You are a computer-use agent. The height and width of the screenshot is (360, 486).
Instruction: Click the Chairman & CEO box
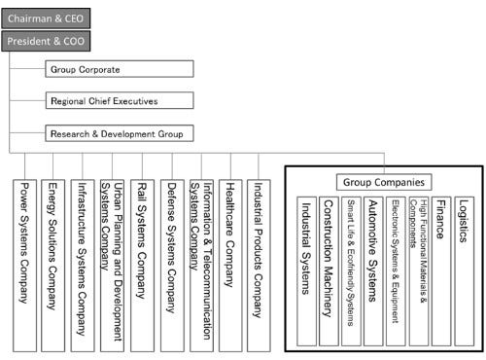pyautogui.click(x=48, y=18)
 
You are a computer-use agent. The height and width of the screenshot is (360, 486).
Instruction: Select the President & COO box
pyautogui.click(x=47, y=42)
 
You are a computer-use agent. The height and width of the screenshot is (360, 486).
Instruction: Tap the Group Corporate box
pyautogui.click(x=118, y=70)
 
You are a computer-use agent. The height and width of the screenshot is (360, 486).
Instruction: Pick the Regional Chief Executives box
pyautogui.click(x=118, y=100)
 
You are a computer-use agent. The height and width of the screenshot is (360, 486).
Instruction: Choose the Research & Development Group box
pyautogui.click(x=118, y=133)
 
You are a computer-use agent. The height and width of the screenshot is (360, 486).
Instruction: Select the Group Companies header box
pyautogui.click(x=385, y=182)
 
